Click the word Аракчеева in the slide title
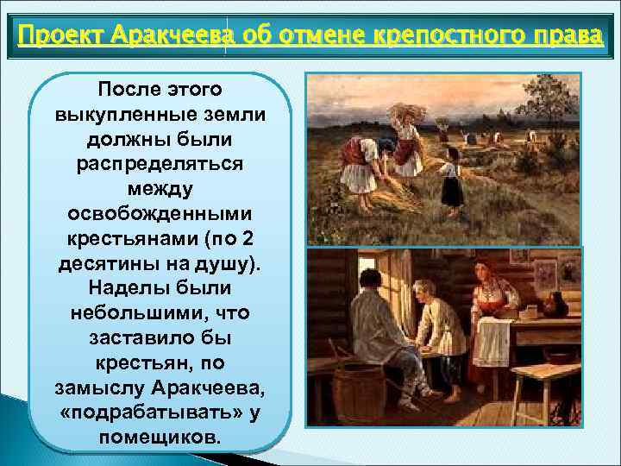tap(177, 38)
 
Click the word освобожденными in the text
tap(160, 211)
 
